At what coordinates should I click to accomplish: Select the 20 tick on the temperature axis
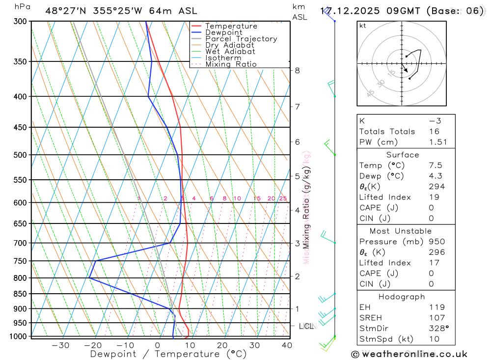(223, 345)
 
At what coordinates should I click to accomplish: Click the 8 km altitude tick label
(297, 70)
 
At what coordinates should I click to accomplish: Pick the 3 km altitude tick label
(297, 243)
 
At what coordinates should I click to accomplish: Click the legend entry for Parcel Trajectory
(241, 39)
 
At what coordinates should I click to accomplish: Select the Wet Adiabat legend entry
(230, 52)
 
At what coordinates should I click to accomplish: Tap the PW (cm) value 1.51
(438, 142)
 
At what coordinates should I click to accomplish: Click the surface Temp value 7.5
(435, 166)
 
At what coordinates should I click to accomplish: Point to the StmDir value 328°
(438, 329)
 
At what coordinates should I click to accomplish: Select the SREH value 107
(436, 318)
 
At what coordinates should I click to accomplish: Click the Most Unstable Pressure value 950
(436, 242)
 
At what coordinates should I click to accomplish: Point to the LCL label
(306, 326)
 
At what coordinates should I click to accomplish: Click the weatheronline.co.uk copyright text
(409, 354)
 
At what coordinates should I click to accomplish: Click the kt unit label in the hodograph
(363, 26)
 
